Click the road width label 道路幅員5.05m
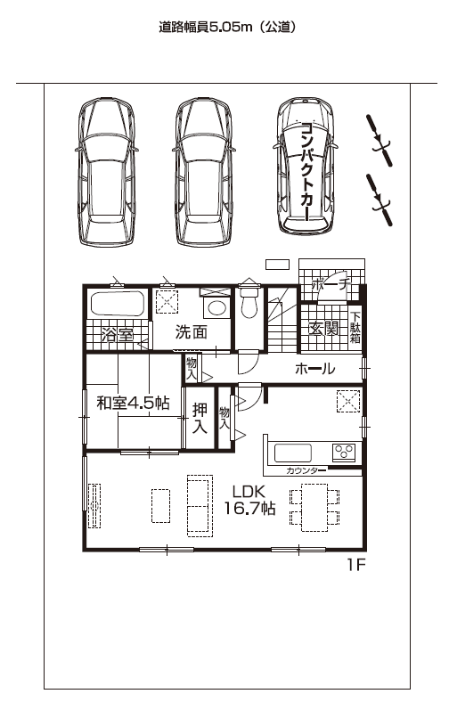click(x=206, y=28)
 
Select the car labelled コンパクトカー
click(x=305, y=166)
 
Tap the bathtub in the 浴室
click(x=118, y=304)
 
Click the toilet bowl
click(x=249, y=303)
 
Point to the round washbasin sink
click(x=217, y=308)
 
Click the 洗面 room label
click(x=192, y=332)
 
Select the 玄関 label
click(x=323, y=329)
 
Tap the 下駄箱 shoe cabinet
click(x=355, y=329)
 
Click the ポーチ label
click(x=330, y=284)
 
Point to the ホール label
click(x=314, y=369)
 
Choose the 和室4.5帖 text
click(x=134, y=403)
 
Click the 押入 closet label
click(x=200, y=418)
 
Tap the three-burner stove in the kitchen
click(x=344, y=452)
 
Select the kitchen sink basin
click(x=293, y=453)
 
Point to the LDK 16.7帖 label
click(x=249, y=500)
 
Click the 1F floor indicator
click(x=356, y=565)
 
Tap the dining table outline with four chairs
click(x=314, y=507)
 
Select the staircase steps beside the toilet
click(x=283, y=319)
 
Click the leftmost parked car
click(x=107, y=172)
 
